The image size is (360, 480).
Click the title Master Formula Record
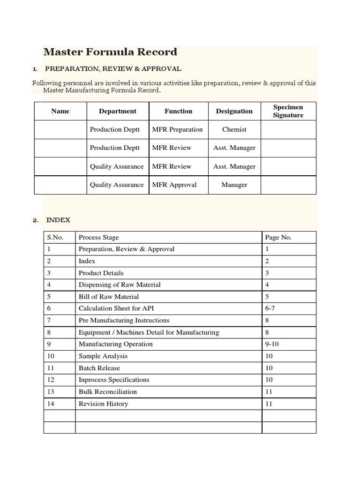[110, 52]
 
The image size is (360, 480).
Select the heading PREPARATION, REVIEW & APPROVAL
[113, 69]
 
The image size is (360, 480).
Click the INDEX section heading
[58, 220]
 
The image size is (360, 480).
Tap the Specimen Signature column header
[288, 111]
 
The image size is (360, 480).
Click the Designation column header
[234, 111]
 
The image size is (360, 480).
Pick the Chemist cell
[234, 129]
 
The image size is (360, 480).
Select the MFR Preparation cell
[178, 129]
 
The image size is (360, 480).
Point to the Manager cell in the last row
[234, 185]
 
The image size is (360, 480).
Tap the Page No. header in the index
[278, 237]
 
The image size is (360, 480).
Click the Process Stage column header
[99, 237]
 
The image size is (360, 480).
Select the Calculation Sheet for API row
[116, 308]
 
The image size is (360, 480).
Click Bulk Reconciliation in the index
[108, 391]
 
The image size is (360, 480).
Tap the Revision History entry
[103, 404]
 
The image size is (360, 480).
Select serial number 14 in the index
[51, 404]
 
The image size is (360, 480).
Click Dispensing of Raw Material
[120, 285]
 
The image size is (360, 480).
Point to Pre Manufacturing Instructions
[124, 320]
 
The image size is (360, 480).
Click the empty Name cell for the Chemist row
[60, 129]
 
